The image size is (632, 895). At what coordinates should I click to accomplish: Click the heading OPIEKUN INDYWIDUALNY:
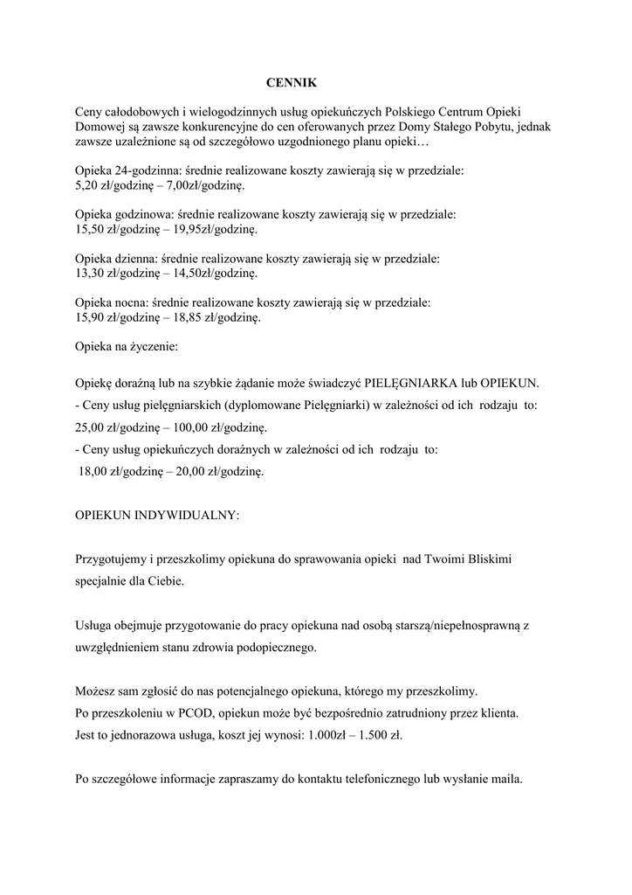(157, 515)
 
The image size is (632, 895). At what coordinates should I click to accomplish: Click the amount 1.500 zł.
(379, 736)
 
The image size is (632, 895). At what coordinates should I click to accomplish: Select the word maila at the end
(504, 780)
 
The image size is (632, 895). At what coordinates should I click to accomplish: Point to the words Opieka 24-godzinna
(127, 172)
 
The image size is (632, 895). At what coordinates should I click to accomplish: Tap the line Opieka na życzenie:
(127, 347)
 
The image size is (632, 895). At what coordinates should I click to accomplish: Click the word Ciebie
(167, 580)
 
